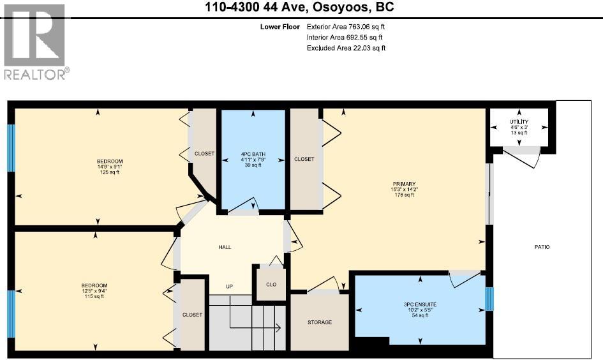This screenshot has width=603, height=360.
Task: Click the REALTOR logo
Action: pyautogui.click(x=34, y=42)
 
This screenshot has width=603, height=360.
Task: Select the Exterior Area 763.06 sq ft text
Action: pyautogui.click(x=346, y=27)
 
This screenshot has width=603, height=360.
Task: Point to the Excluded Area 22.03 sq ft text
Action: pyautogui.click(x=346, y=48)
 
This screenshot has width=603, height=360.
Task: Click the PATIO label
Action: pyautogui.click(x=542, y=247)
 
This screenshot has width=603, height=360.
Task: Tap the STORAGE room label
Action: pyautogui.click(x=319, y=322)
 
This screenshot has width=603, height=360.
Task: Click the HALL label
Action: pyautogui.click(x=225, y=247)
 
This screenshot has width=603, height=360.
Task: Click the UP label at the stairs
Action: pyautogui.click(x=228, y=286)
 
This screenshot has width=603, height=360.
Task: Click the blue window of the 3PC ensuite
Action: pyautogui.click(x=489, y=299)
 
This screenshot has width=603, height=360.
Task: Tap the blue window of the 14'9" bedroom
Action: pyautogui.click(x=11, y=147)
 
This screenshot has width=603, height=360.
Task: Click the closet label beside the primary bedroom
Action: pyautogui.click(x=304, y=159)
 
